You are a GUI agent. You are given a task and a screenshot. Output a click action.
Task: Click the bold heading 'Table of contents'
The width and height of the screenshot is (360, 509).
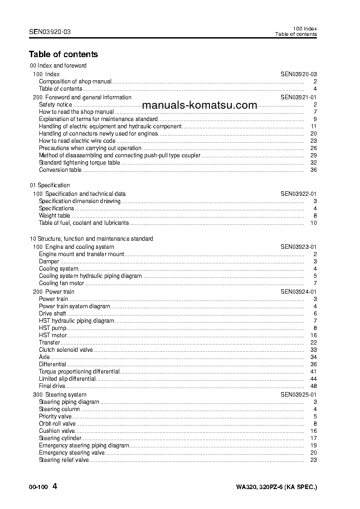[63, 54]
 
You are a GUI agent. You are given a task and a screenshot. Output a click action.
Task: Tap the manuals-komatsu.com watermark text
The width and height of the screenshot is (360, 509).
[199, 105]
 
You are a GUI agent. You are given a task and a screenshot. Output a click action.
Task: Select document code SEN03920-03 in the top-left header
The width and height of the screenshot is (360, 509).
[49, 32]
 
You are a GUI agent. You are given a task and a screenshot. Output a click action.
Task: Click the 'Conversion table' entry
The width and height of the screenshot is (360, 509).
[60, 170]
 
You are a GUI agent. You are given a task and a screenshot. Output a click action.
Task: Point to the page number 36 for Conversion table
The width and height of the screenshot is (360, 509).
[313, 170]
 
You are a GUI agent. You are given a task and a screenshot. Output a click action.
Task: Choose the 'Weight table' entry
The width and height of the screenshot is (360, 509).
[54, 216]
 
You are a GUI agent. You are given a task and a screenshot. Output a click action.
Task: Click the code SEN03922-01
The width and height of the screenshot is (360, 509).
[298, 194]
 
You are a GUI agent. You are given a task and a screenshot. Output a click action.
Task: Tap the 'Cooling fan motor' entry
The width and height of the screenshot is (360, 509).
[61, 283]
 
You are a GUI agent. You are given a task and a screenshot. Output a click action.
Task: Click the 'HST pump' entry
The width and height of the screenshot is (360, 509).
[53, 328]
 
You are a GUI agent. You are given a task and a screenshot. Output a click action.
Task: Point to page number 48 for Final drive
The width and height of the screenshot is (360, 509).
[313, 386]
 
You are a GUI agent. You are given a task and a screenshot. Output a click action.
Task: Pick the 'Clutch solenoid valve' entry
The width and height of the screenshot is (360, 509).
[66, 350]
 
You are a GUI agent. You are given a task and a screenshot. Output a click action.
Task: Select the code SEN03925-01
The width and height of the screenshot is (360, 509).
[298, 395]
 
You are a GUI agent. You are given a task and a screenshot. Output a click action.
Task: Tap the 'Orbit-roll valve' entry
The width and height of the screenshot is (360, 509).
[57, 424]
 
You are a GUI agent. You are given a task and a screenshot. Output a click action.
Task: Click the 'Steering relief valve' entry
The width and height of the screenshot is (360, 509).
[63, 460]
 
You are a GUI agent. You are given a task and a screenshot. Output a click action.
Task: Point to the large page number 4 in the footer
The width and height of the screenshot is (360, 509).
[55, 487]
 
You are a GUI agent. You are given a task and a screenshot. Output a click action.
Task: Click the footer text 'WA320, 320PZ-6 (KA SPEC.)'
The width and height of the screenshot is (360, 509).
[276, 487]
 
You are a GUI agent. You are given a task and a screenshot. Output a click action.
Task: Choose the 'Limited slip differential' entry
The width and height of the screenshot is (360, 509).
[67, 379]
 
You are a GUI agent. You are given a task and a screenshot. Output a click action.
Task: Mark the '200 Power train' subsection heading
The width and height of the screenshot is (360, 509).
[54, 292]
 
